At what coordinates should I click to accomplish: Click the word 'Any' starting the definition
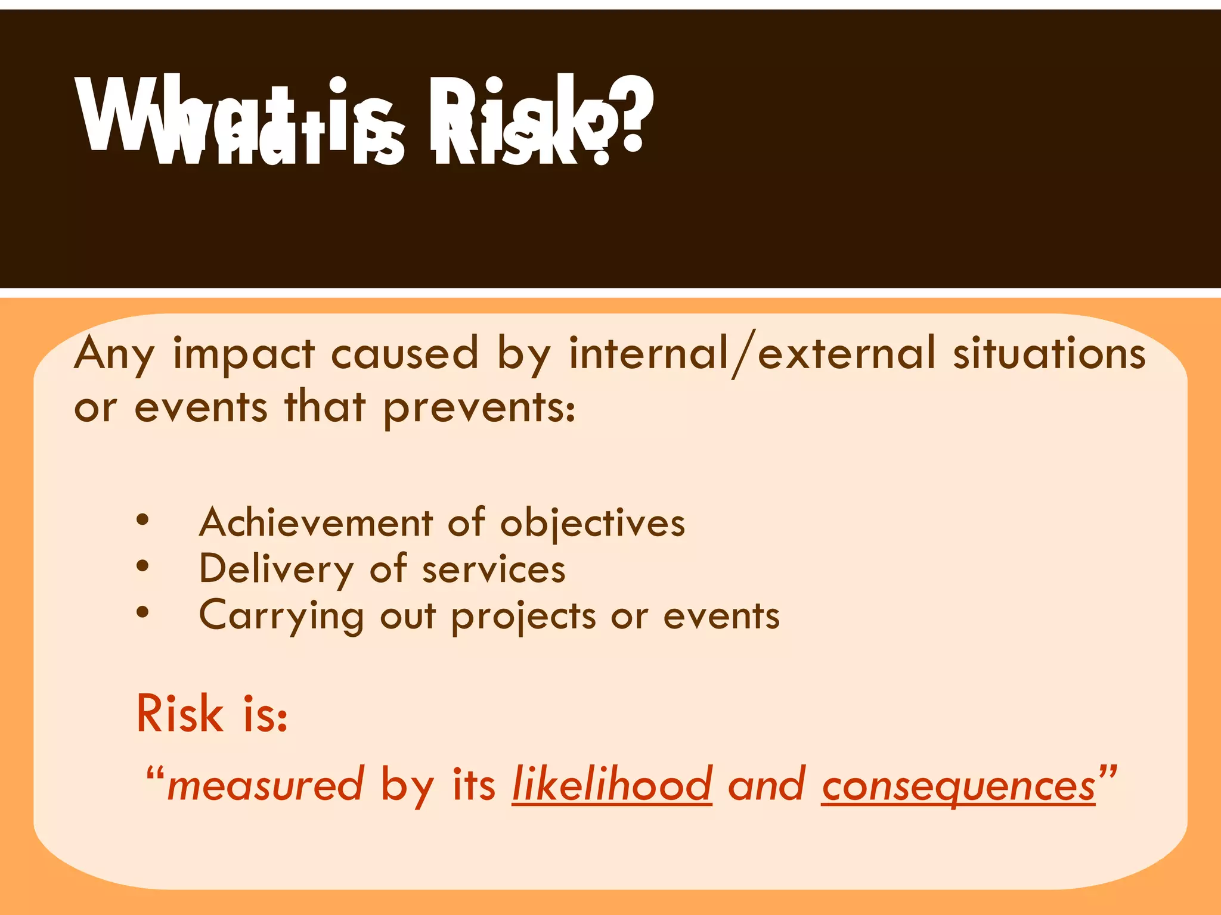(114, 355)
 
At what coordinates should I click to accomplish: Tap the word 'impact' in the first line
(243, 354)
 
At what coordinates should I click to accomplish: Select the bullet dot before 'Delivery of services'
(142, 567)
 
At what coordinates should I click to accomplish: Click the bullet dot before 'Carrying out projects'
(142, 612)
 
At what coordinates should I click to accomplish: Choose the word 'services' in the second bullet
(494, 569)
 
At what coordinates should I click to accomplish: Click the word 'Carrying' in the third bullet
(281, 616)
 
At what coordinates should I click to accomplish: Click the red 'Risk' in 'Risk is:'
(179, 713)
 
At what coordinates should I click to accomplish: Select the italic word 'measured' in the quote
(265, 785)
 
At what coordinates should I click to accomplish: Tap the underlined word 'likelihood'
(612, 784)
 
